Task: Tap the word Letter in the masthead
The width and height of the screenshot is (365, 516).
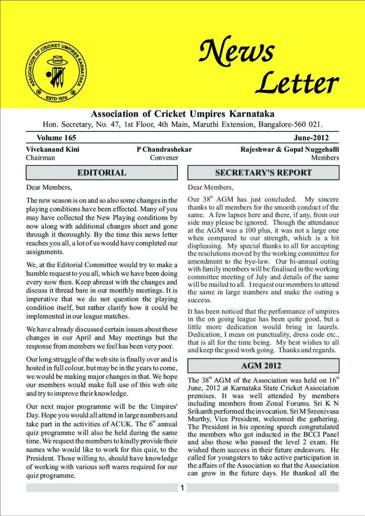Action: pyautogui.click(x=296, y=84)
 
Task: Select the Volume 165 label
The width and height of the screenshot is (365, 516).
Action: pyautogui.click(x=56, y=138)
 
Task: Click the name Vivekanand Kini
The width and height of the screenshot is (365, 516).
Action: pyautogui.click(x=52, y=149)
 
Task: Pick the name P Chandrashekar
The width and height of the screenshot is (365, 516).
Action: pyautogui.click(x=164, y=149)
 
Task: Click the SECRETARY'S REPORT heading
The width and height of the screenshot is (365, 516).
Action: pyautogui.click(x=263, y=173)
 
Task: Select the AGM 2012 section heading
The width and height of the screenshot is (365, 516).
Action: pyautogui.click(x=263, y=365)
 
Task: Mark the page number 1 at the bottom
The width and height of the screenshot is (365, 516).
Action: pyautogui.click(x=182, y=488)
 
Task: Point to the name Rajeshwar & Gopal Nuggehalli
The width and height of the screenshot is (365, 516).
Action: pyautogui.click(x=290, y=149)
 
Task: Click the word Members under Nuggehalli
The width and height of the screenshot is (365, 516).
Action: pyautogui.click(x=325, y=158)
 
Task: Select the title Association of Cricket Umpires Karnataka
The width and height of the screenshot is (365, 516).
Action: pyautogui.click(x=182, y=113)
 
